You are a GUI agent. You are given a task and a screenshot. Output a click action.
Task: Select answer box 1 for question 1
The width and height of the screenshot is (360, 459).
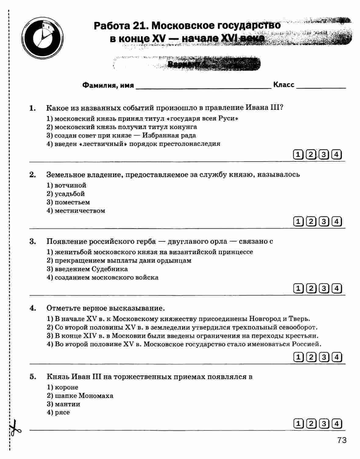[298, 155]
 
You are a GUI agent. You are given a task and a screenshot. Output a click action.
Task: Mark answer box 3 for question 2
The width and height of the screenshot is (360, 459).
[324, 221]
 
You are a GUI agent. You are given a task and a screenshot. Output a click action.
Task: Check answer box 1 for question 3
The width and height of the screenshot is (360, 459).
[298, 288]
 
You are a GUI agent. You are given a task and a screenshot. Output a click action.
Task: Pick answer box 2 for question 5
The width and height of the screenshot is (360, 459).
[311, 424]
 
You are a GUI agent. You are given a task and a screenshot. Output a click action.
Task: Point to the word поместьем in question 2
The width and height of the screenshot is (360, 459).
[72, 202]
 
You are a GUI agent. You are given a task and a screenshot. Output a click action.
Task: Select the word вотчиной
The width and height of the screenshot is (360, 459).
[70, 185]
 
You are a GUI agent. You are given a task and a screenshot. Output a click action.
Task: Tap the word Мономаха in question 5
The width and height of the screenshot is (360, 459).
[96, 396]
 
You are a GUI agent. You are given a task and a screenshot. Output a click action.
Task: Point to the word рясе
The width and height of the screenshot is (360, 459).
[62, 413]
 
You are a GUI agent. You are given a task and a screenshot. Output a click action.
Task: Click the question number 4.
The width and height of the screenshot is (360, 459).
[33, 308]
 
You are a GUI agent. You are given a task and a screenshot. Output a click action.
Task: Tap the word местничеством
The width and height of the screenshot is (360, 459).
[80, 211]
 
